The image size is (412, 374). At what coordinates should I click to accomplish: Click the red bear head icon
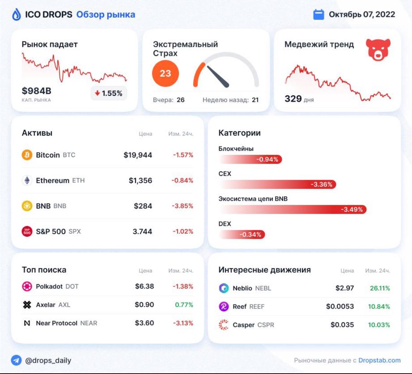pos(378,50)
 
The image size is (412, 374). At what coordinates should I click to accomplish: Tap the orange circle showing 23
pos(165,73)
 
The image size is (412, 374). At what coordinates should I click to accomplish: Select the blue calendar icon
pos(318,14)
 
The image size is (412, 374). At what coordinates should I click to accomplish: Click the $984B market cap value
pos(37,91)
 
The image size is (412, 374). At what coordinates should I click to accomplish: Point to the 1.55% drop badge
pos(109,93)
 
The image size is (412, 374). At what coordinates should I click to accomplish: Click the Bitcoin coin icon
pos(27,155)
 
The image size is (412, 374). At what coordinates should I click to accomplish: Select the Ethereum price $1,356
pos(140,181)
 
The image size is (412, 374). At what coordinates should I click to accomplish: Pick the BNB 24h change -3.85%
pos(182,206)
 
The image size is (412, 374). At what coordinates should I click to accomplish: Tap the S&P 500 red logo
pos(27,231)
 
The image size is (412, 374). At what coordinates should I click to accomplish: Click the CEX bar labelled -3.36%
pos(277,184)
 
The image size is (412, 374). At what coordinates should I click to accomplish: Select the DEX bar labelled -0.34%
pos(242,235)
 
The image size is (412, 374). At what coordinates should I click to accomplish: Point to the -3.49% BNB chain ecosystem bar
pos(293,210)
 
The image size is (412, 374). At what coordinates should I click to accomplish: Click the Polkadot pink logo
pos(27,286)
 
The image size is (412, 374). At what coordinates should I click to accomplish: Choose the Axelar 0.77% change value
pos(184,305)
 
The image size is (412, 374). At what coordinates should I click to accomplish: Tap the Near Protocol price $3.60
pos(144,323)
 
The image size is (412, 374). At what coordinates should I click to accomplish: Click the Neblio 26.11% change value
pos(380,288)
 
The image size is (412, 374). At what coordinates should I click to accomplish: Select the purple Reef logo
pos(224,306)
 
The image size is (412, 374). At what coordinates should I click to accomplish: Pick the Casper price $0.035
pos(342,325)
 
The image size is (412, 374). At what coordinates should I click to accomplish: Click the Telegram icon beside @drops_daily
pos(16,360)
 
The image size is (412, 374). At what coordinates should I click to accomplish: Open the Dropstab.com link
pos(379,360)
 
